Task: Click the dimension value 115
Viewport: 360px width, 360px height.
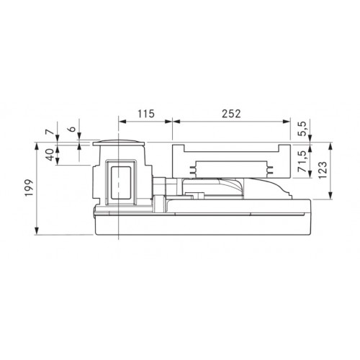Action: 146,114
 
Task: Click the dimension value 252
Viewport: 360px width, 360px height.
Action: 231,114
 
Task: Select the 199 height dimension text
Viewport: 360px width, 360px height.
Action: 30,188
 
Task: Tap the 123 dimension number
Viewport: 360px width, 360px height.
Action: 323,170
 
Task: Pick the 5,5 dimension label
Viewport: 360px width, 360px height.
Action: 302,129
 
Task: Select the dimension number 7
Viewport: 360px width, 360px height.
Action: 49,132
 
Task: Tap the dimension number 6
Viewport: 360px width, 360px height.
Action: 71,129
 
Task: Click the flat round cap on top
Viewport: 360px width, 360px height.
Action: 119,143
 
